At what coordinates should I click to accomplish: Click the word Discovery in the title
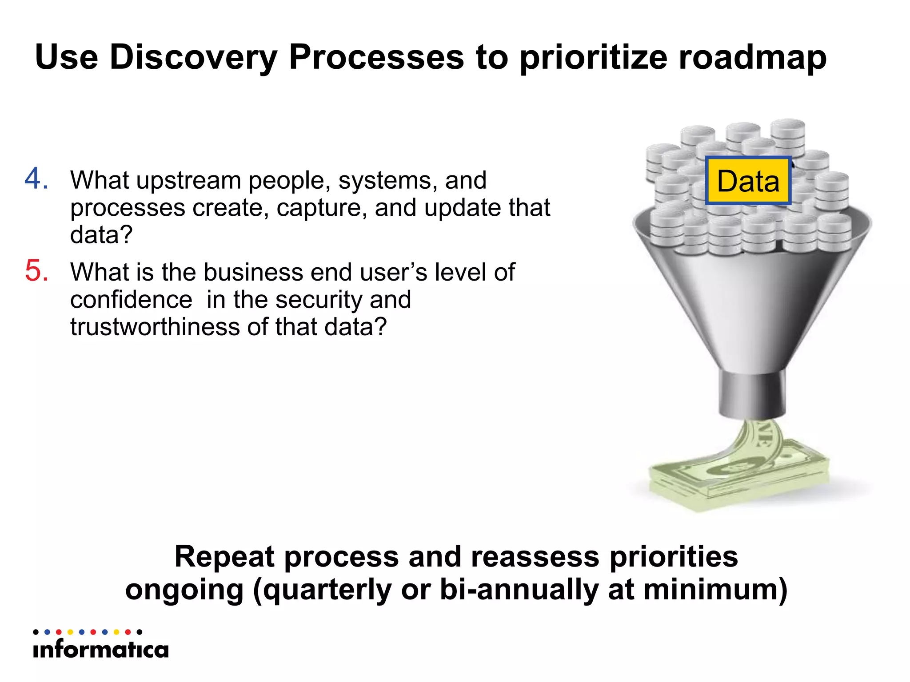coord(193,58)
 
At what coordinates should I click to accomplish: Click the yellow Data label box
coord(748,181)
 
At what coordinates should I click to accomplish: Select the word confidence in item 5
coord(131,300)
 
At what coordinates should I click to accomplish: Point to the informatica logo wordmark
coord(101,650)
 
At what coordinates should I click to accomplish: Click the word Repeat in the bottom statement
coord(224,557)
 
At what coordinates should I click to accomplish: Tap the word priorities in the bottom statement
coord(673,557)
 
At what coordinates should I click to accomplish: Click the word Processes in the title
coord(376,58)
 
